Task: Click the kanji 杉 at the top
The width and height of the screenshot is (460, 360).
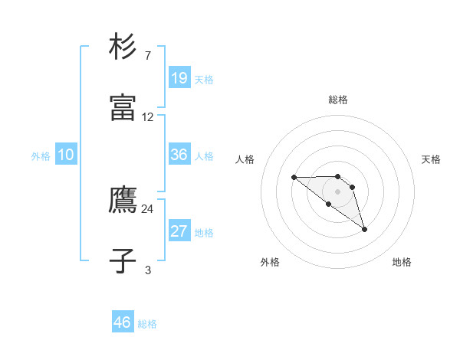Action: click(123, 46)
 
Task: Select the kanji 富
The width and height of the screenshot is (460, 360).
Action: click(123, 108)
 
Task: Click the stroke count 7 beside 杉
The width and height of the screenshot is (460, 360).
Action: click(148, 56)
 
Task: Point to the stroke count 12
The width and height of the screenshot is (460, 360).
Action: click(148, 117)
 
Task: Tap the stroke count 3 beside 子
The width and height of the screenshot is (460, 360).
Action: click(148, 270)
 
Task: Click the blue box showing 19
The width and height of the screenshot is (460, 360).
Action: click(179, 78)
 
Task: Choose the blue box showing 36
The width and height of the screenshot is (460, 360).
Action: click(179, 155)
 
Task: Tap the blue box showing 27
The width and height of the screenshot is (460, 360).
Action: click(179, 231)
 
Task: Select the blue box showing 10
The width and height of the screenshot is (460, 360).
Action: click(66, 155)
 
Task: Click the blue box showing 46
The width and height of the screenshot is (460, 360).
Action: click(123, 322)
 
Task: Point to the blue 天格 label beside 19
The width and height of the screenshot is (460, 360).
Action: click(204, 80)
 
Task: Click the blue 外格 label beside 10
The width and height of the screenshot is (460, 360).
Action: click(41, 156)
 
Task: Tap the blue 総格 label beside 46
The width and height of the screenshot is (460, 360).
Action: click(147, 324)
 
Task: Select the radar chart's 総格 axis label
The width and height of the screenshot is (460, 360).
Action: click(338, 100)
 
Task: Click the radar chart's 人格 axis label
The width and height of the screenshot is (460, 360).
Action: click(245, 159)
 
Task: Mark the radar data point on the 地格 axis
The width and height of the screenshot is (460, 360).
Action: click(364, 229)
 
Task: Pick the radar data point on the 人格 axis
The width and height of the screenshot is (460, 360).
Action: click(294, 178)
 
